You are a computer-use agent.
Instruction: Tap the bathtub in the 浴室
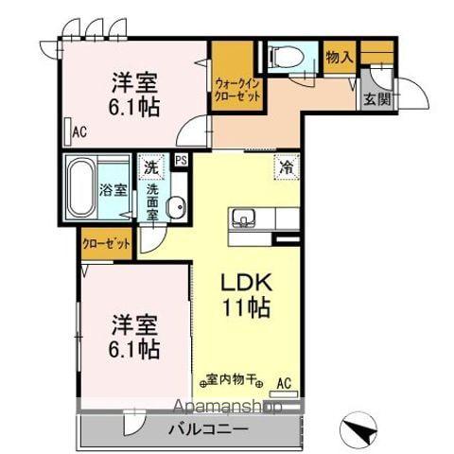[x=83, y=186]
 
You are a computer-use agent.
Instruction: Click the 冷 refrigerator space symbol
[x=286, y=166]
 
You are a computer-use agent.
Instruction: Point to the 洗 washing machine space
[x=150, y=167]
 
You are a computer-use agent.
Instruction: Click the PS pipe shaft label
[x=180, y=162]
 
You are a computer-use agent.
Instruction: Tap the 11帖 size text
[x=248, y=307]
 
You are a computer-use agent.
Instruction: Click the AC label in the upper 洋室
[x=80, y=131]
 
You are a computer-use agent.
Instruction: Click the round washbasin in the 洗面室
[x=173, y=208]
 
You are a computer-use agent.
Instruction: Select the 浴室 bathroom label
[x=113, y=188]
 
